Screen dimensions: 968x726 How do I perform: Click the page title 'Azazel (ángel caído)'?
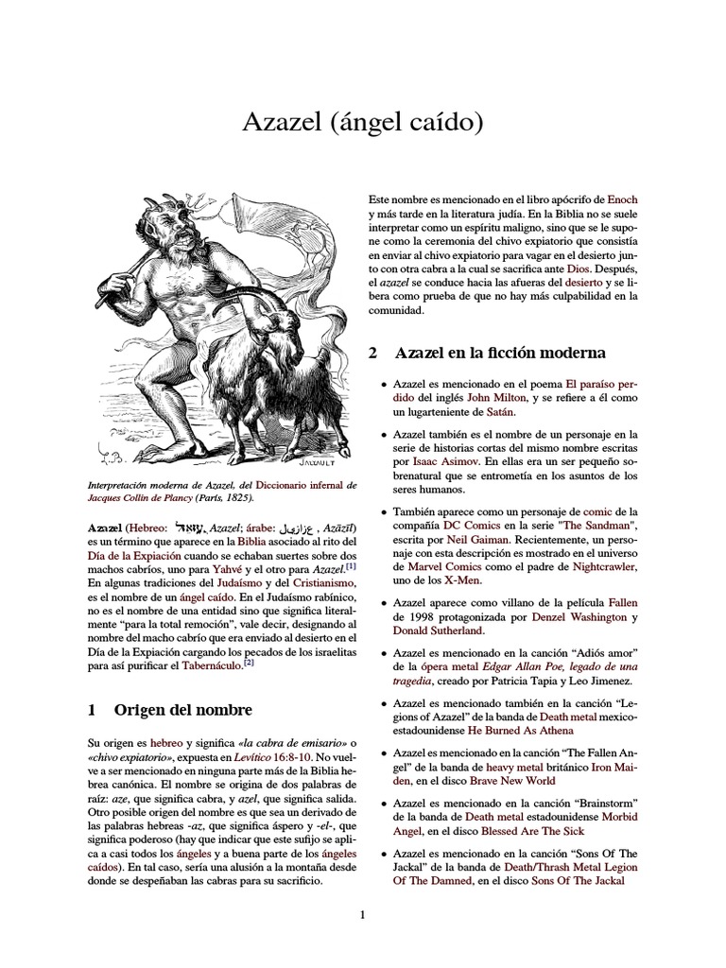(x=362, y=122)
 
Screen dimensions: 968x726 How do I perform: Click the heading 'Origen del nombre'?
(x=182, y=709)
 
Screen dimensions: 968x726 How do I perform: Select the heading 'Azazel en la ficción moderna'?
(x=500, y=353)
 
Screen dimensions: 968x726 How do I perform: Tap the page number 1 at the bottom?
(x=362, y=913)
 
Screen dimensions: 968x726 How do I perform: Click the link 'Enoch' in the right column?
(x=622, y=200)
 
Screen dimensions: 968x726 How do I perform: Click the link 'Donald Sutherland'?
(x=439, y=631)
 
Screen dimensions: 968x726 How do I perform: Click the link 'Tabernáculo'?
(x=204, y=666)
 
